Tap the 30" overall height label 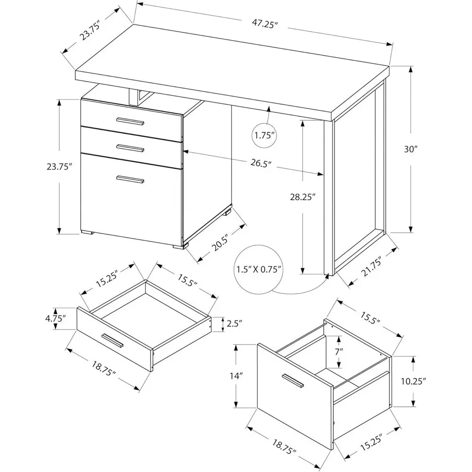point(411,149)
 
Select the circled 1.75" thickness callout point(264,135)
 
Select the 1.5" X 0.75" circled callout point(259,270)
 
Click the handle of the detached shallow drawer point(112,341)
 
